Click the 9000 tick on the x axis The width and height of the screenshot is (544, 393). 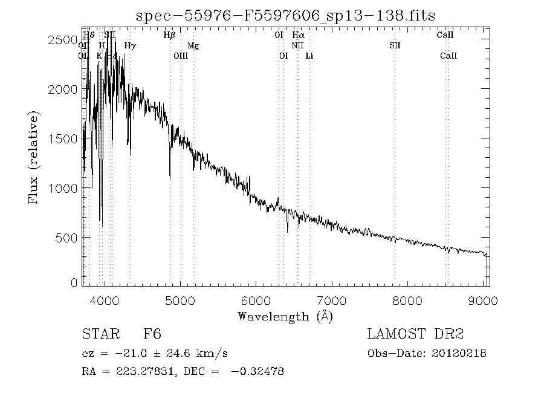pos(483,300)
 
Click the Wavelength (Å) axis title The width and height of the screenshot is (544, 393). pos(285,316)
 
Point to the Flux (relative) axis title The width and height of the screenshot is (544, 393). pos(34,157)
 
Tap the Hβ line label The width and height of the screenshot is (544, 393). pos(169,35)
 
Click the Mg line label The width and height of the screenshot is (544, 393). pos(193,45)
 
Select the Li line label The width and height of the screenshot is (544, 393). pos(309,56)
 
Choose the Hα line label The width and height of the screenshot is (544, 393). pos(299,35)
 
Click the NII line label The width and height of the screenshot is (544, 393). pos(297,45)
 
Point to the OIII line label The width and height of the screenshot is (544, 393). pos(181,56)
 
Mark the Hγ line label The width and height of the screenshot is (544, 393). pos(130,45)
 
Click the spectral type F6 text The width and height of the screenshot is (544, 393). pos(152,334)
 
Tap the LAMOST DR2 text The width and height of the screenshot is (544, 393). pos(415,334)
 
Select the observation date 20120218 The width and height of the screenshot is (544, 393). pos(459,353)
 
